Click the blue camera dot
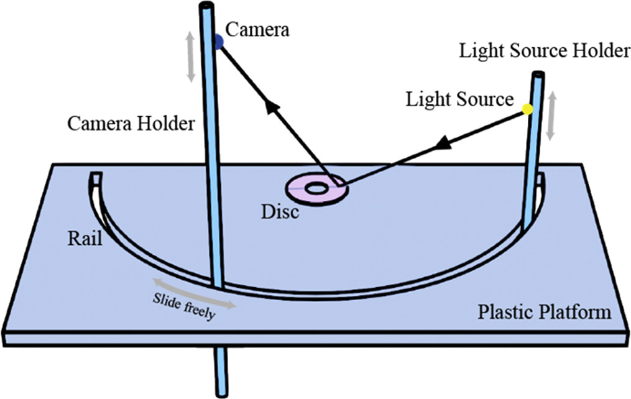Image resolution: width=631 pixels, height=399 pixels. (x=219, y=42)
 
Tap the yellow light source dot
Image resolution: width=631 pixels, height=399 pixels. (x=527, y=110)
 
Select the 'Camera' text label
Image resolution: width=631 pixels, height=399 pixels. (x=257, y=29)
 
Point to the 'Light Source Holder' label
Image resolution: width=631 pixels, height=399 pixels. (x=544, y=52)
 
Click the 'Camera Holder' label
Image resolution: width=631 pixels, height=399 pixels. (x=131, y=124)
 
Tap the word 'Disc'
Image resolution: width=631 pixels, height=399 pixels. (x=279, y=211)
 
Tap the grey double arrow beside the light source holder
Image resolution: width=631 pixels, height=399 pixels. (x=551, y=116)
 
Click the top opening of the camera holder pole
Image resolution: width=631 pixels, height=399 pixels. (x=206, y=6)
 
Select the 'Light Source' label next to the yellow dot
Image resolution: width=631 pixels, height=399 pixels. (x=459, y=99)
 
